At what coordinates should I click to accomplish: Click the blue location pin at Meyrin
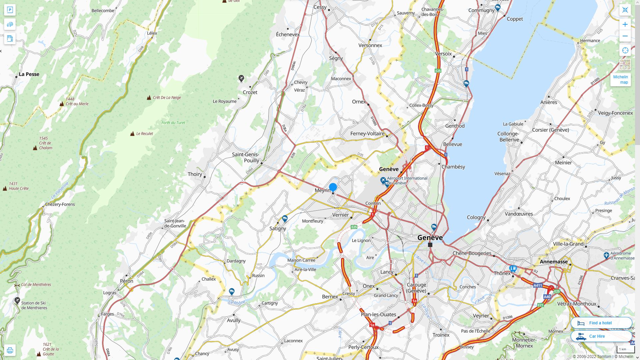(333, 187)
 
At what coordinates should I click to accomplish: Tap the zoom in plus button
(625, 24)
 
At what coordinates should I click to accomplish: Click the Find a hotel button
(601, 323)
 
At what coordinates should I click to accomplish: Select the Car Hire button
(601, 336)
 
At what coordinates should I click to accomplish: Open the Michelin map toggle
(620, 80)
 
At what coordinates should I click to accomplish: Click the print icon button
(10, 350)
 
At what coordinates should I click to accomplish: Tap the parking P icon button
(10, 10)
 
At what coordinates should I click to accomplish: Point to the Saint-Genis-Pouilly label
(246, 157)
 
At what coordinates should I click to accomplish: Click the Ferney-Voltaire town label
(367, 134)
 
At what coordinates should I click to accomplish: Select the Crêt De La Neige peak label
(167, 98)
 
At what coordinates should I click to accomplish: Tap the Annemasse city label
(554, 262)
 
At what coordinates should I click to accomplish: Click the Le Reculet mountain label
(144, 134)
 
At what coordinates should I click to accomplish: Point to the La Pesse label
(29, 74)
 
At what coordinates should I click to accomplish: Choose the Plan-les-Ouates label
(378, 315)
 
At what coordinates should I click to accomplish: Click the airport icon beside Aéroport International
(383, 180)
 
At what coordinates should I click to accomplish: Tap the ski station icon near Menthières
(17, 301)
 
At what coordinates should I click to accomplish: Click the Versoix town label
(443, 54)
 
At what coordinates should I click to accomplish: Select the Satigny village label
(278, 229)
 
